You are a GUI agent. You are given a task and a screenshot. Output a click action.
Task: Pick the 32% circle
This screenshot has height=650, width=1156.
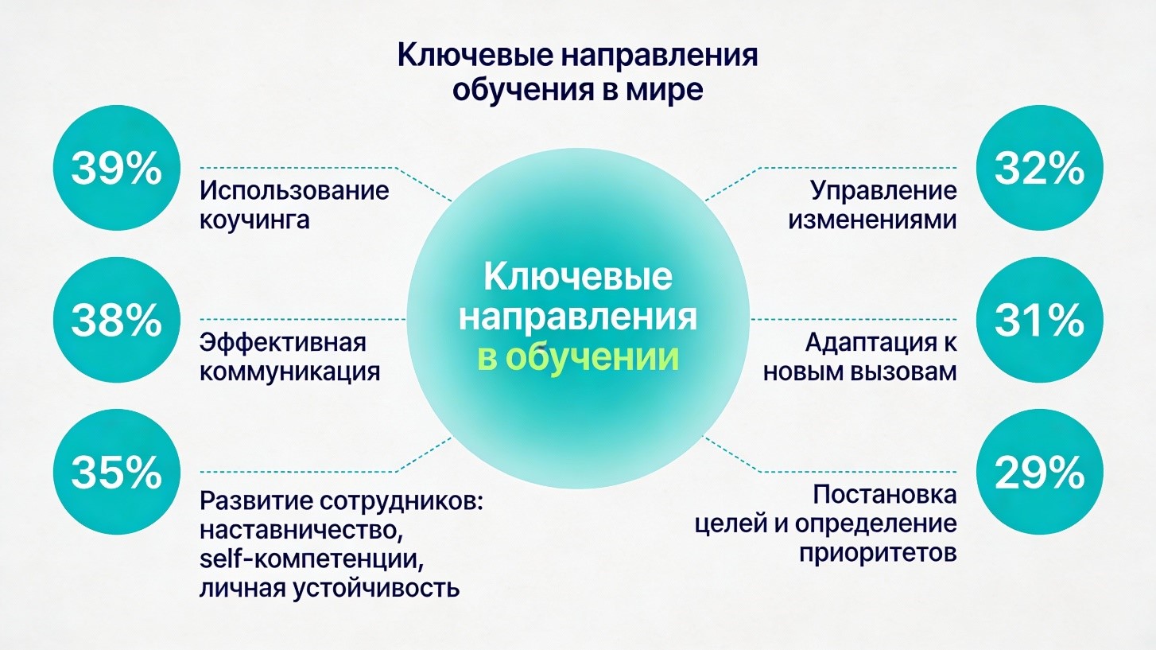(x=1040, y=169)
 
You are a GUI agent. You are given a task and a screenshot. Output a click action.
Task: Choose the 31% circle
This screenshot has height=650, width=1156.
(x=1040, y=321)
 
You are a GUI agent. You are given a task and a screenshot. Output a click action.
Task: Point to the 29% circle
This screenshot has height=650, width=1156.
(x=1040, y=473)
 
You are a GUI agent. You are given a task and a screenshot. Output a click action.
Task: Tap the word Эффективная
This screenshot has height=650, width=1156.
(x=283, y=343)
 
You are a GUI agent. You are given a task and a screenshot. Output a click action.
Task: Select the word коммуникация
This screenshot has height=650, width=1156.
(x=290, y=372)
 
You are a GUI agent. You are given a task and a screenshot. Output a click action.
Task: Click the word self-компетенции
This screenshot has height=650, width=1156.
(x=311, y=559)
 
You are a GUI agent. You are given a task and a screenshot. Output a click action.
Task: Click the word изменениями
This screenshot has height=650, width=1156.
(x=872, y=220)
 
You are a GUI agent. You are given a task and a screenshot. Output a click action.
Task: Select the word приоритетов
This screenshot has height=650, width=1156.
(x=878, y=553)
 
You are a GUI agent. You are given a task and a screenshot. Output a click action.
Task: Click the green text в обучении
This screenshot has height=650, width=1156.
(x=578, y=357)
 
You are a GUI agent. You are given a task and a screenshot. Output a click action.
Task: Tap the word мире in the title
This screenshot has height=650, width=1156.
(x=664, y=89)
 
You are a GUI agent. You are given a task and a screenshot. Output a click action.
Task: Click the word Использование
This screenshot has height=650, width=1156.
(x=295, y=191)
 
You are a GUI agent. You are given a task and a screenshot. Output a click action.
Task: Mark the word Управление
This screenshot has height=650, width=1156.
(x=883, y=191)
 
